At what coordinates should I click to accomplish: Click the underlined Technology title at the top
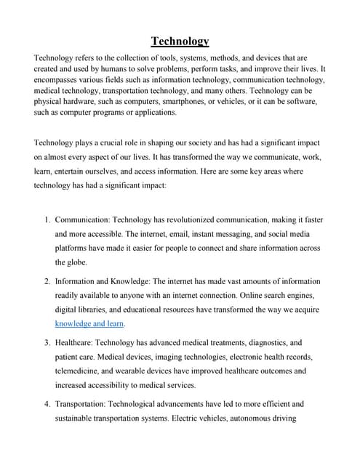[180, 41]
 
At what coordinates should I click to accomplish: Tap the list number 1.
[46, 219]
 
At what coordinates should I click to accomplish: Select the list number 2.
[46, 280]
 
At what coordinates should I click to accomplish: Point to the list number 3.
[46, 341]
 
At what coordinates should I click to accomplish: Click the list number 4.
[46, 403]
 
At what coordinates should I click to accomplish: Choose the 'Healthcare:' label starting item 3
[79, 341]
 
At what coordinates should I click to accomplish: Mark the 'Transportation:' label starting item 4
[87, 403]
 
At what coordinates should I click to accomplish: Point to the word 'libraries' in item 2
[99, 309]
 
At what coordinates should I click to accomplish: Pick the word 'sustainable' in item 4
[79, 418]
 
